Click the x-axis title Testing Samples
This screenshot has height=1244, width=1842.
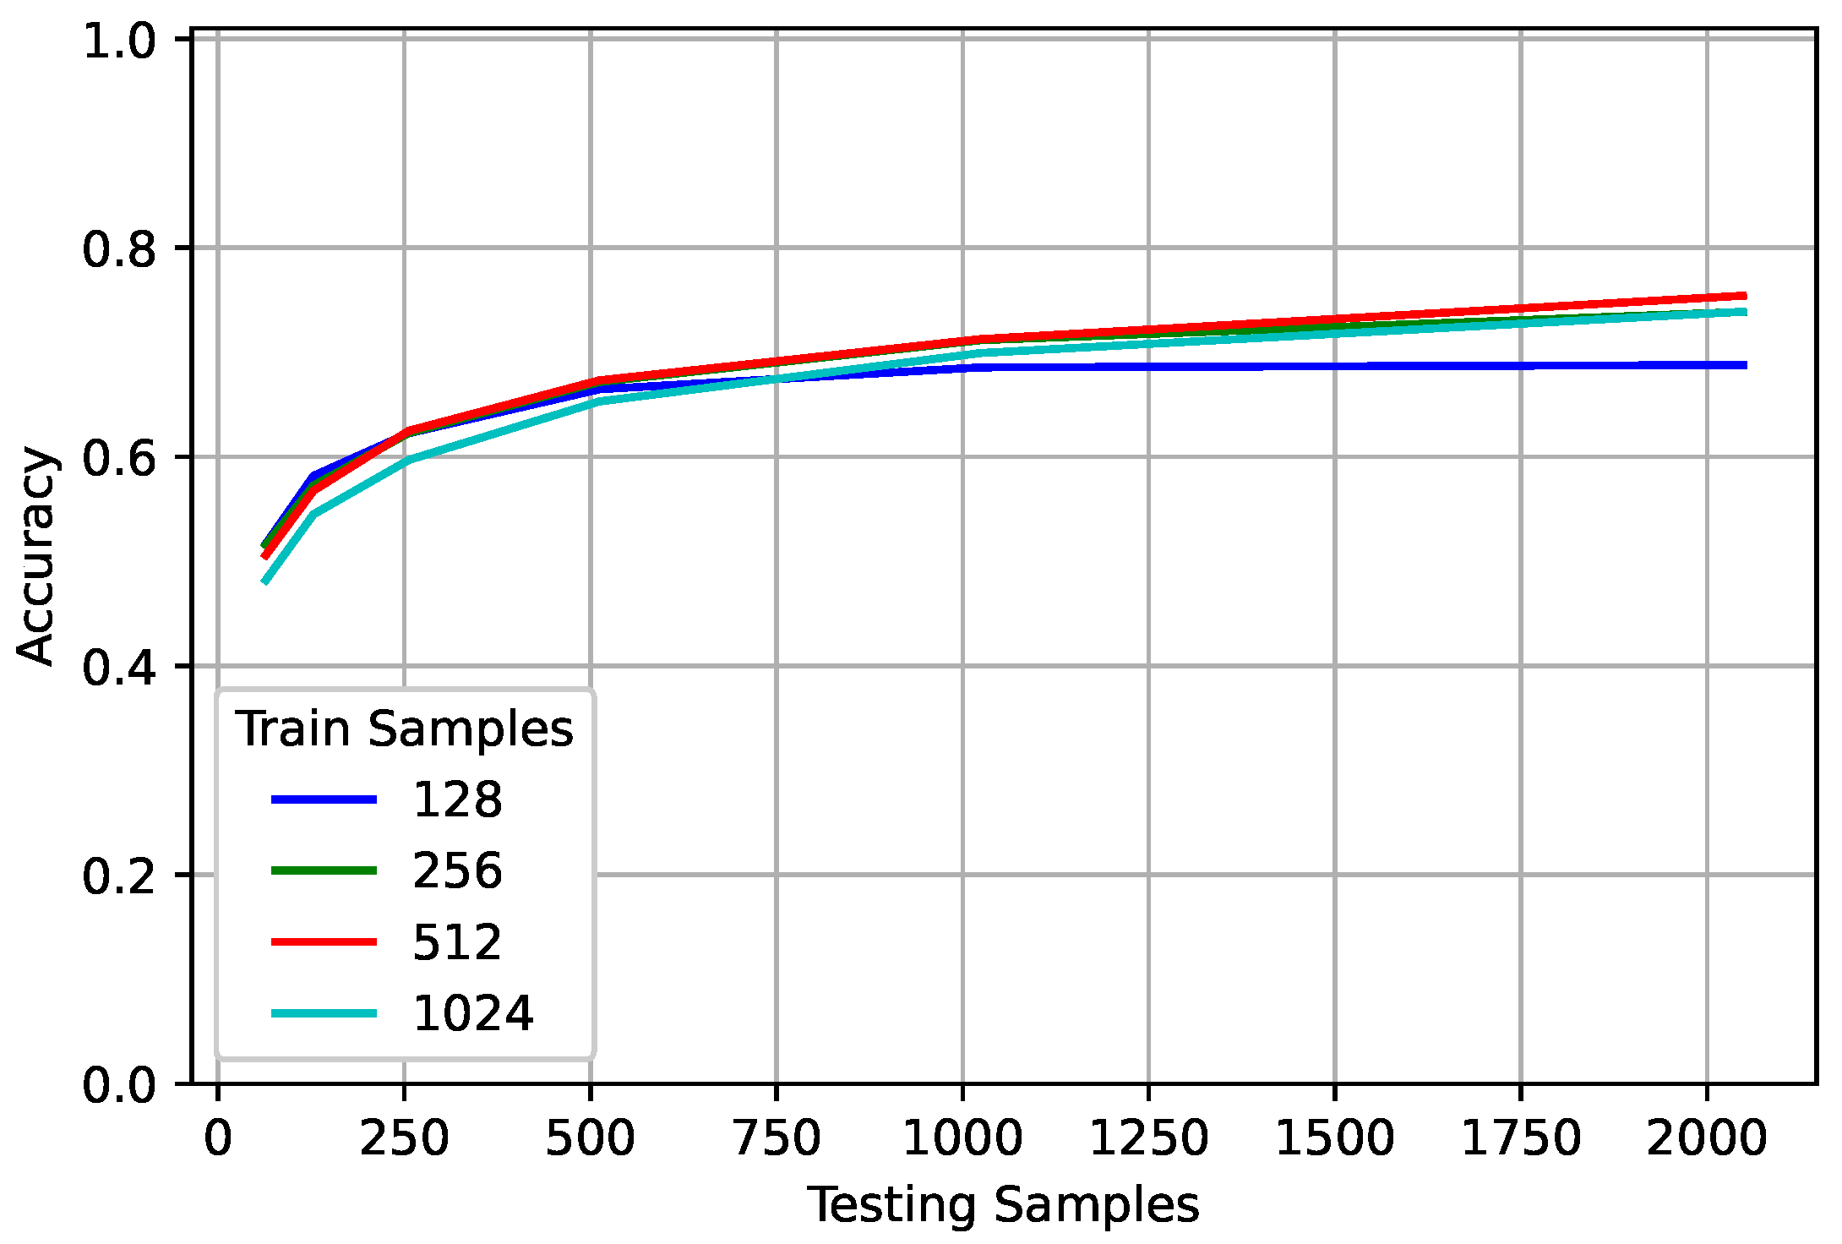(x=1003, y=1204)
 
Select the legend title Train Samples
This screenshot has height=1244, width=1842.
(x=405, y=728)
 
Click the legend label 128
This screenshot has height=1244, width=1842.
(x=457, y=799)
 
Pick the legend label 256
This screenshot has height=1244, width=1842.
(x=457, y=870)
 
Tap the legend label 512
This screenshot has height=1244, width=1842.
(x=457, y=942)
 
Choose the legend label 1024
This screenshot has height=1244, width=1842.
(x=472, y=1013)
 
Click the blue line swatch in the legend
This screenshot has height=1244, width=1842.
(x=324, y=799)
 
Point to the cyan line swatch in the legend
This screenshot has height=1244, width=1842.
(x=324, y=1013)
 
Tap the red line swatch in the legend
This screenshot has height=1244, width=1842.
(x=324, y=941)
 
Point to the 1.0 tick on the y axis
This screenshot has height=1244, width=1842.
(x=119, y=41)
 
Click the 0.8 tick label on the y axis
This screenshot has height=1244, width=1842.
(x=119, y=248)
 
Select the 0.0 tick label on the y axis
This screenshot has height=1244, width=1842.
(x=119, y=1084)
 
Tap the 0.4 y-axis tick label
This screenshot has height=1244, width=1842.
(x=119, y=667)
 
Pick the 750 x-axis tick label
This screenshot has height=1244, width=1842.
(x=777, y=1138)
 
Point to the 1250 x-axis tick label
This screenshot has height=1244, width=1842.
(x=1148, y=1138)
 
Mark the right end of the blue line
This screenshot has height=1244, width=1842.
(x=1745, y=365)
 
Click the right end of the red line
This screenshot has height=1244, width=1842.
(x=1745, y=296)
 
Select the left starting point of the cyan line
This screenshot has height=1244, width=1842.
(x=265, y=582)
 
